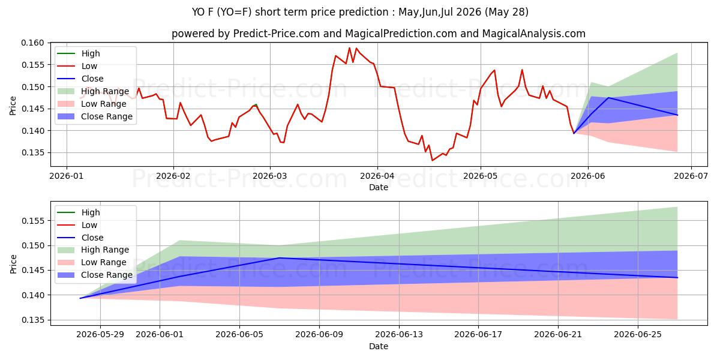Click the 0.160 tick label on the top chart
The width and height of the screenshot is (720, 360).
pyautogui.click(x=32, y=43)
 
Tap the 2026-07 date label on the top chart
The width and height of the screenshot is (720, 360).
pyautogui.click(x=691, y=176)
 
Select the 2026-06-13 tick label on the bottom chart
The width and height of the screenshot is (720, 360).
pyautogui.click(x=399, y=335)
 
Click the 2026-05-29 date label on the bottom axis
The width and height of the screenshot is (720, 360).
pyautogui.click(x=100, y=335)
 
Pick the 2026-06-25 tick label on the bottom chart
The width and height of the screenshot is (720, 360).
pyautogui.click(x=638, y=335)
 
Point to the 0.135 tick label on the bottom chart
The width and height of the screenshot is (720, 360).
pyautogui.click(x=32, y=320)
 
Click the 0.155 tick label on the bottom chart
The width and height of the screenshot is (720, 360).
pyautogui.click(x=32, y=221)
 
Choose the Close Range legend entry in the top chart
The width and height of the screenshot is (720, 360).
pyautogui.click(x=95, y=116)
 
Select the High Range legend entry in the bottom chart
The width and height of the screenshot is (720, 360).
pyautogui.click(x=93, y=250)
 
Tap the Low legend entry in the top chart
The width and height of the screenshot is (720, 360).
pyautogui.click(x=77, y=66)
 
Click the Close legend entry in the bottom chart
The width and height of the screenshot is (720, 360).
pyautogui.click(x=80, y=238)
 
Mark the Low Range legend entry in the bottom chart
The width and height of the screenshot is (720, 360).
pyautogui.click(x=92, y=262)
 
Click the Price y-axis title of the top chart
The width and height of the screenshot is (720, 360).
pyautogui.click(x=13, y=106)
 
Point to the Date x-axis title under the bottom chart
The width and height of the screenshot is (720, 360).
pyautogui.click(x=379, y=346)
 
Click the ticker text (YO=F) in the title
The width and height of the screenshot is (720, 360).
pyautogui.click(x=235, y=12)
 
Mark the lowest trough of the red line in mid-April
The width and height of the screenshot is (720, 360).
pyautogui.click(x=433, y=160)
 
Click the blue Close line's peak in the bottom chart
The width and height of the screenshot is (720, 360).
pyautogui.click(x=279, y=258)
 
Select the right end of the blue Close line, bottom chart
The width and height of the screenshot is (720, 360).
pyautogui.click(x=677, y=278)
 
